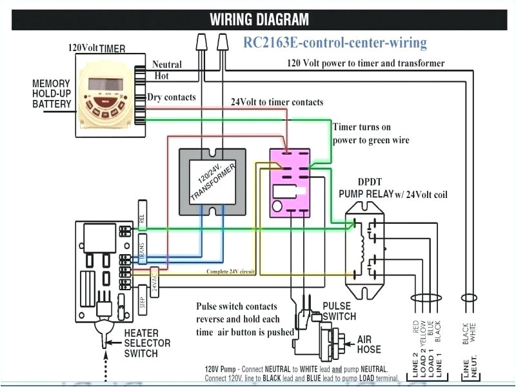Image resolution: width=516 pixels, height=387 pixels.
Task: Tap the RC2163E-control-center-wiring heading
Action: tap(335, 43)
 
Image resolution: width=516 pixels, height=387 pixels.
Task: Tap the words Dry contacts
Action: tap(172, 97)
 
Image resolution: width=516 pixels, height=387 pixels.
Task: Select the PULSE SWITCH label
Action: tap(339, 311)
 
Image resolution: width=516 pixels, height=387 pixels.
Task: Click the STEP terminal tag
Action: tap(142, 303)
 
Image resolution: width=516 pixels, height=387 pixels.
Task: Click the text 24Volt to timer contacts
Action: tap(277, 103)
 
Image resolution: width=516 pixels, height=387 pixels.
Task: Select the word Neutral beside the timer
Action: tap(167, 64)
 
